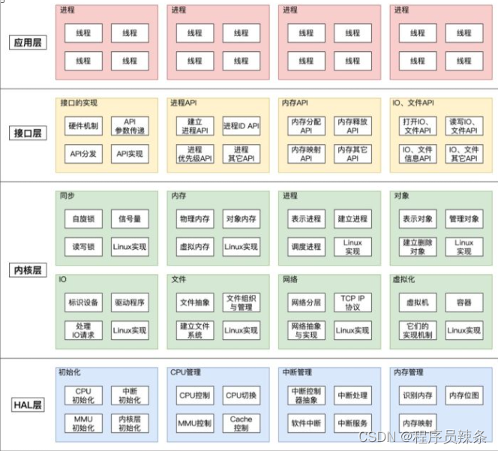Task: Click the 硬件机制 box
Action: [83, 126]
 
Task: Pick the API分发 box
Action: [83, 154]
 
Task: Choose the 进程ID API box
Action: [241, 126]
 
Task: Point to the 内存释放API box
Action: [352, 126]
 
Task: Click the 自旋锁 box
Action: [83, 219]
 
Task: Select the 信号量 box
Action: [130, 219]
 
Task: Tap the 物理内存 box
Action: [194, 219]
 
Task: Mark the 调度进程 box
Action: [306, 247]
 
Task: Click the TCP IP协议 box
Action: [352, 303]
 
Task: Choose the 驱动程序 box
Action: [130, 303]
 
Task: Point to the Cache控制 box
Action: [241, 423]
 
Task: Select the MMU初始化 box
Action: [83, 423]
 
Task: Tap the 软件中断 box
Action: [306, 423]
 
